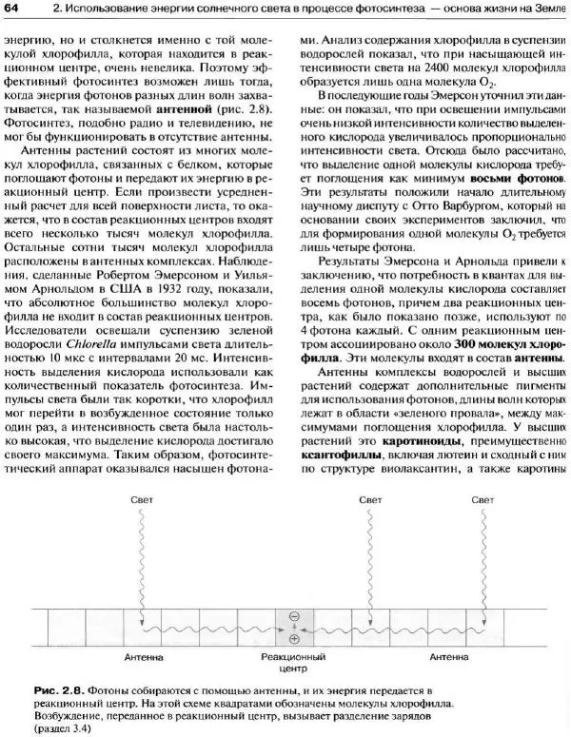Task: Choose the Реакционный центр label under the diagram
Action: (x=293, y=663)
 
